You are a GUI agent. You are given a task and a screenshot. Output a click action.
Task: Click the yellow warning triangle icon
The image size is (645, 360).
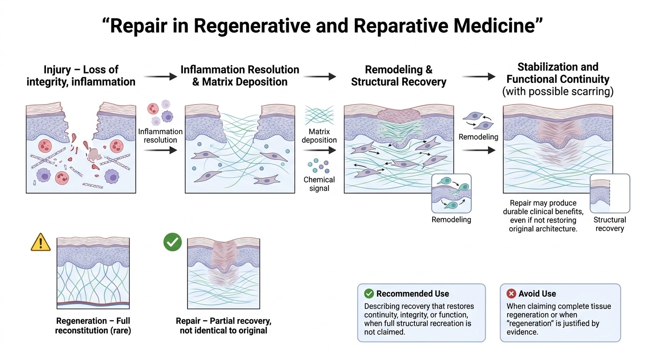pyautogui.click(x=41, y=242)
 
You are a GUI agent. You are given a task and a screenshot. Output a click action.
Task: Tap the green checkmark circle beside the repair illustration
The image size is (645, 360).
pyautogui.click(x=172, y=242)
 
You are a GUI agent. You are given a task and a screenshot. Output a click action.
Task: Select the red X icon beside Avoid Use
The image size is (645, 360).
pyautogui.click(x=511, y=293)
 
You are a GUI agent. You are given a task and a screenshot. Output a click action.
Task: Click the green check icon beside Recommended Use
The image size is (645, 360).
pyautogui.click(x=369, y=293)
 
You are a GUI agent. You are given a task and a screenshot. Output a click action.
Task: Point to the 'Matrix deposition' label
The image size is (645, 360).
pyautogui.click(x=319, y=135)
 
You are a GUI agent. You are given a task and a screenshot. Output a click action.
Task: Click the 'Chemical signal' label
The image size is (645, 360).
pyautogui.click(x=319, y=184)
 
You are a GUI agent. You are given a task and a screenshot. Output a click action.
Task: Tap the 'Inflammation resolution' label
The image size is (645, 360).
pyautogui.click(x=160, y=135)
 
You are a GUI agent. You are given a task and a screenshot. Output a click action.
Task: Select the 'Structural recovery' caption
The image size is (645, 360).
pyautogui.click(x=609, y=224)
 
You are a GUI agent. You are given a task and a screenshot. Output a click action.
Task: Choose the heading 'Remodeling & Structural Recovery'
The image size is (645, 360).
pyautogui.click(x=398, y=76)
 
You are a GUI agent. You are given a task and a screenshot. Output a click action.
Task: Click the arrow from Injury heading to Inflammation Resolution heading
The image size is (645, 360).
pyautogui.click(x=160, y=76)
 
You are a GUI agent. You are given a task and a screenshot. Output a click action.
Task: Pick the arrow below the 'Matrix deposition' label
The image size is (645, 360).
pyautogui.click(x=319, y=150)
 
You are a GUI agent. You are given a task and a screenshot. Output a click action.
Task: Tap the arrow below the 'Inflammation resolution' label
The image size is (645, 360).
pyautogui.click(x=160, y=150)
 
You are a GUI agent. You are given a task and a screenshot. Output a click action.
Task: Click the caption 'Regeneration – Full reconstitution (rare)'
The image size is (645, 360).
pyautogui.click(x=93, y=325)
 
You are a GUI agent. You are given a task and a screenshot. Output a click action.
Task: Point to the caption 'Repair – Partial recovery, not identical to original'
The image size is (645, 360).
pyautogui.click(x=224, y=325)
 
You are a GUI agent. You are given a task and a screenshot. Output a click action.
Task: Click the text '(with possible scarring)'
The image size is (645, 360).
pyautogui.click(x=558, y=91)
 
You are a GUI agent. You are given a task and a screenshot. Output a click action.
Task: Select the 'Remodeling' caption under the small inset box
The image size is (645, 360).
pyautogui.click(x=451, y=219)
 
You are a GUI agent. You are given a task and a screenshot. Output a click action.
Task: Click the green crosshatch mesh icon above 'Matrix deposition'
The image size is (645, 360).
pyautogui.click(x=319, y=115)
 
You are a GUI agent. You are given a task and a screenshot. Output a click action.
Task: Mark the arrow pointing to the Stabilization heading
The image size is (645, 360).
pyautogui.click(x=479, y=76)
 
